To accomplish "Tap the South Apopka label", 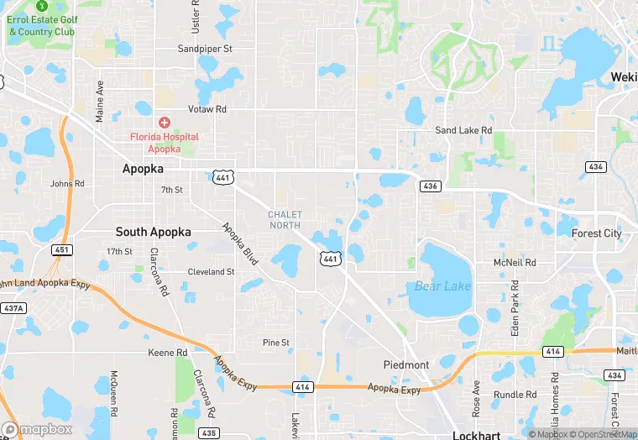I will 153,232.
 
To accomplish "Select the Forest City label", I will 597,233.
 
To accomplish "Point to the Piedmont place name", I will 406,364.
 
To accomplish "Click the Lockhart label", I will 476,435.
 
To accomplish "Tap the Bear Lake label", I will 442,286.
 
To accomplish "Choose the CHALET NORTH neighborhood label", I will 285,219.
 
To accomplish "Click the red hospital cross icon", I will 164,123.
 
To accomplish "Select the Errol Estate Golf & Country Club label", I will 41,26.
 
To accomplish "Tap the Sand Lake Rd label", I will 463,130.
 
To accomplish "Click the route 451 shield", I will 61,249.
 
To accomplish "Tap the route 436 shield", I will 430,186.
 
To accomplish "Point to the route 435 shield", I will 209,432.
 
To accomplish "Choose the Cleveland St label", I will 211,272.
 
